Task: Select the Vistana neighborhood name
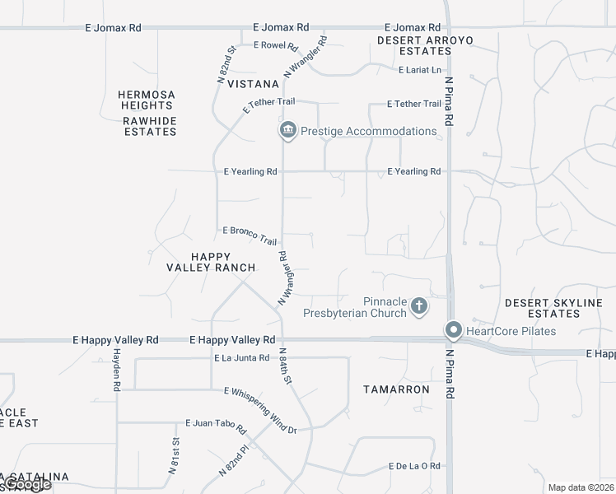[x=254, y=84]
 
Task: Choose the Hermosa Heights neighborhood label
[x=146, y=100]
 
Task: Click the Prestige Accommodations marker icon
[x=287, y=130]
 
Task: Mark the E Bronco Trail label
[x=250, y=235]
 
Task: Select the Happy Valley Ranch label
[x=211, y=262]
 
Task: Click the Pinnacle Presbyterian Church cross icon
[x=419, y=307]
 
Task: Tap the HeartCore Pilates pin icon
[x=453, y=330]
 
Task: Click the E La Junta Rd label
[x=241, y=358]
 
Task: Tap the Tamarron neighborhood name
[x=397, y=389]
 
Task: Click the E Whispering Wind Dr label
[x=259, y=410]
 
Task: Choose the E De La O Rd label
[x=414, y=466]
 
